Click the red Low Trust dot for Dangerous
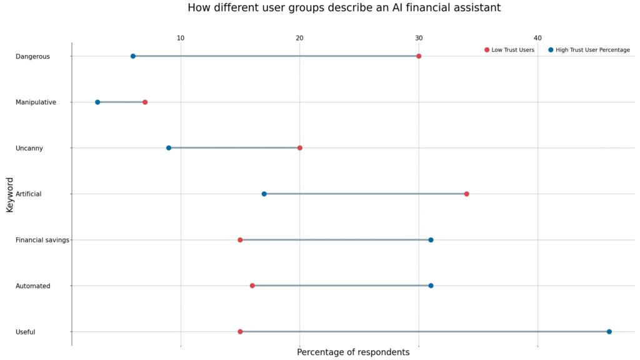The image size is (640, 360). [x=419, y=56]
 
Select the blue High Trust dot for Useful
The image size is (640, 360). [x=609, y=332]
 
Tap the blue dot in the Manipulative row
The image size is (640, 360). [x=97, y=102]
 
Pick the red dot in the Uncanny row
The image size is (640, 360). [x=300, y=148]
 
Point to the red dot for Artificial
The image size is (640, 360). [x=467, y=194]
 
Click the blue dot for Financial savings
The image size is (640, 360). [x=431, y=240]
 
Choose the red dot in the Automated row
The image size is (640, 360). [x=252, y=286]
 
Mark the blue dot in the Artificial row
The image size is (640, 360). [x=264, y=194]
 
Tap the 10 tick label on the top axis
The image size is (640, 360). [x=181, y=38]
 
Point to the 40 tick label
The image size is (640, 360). [x=537, y=38]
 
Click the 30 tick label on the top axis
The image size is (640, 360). [x=419, y=38]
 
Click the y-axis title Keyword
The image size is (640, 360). [x=10, y=194]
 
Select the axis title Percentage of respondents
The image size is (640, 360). [x=353, y=352]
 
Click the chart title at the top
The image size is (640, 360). [x=344, y=8]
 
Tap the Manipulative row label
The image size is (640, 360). [x=36, y=102]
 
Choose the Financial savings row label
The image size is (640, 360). [x=42, y=240]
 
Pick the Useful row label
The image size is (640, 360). [x=26, y=332]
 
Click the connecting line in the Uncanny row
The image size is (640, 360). [x=234, y=148]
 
